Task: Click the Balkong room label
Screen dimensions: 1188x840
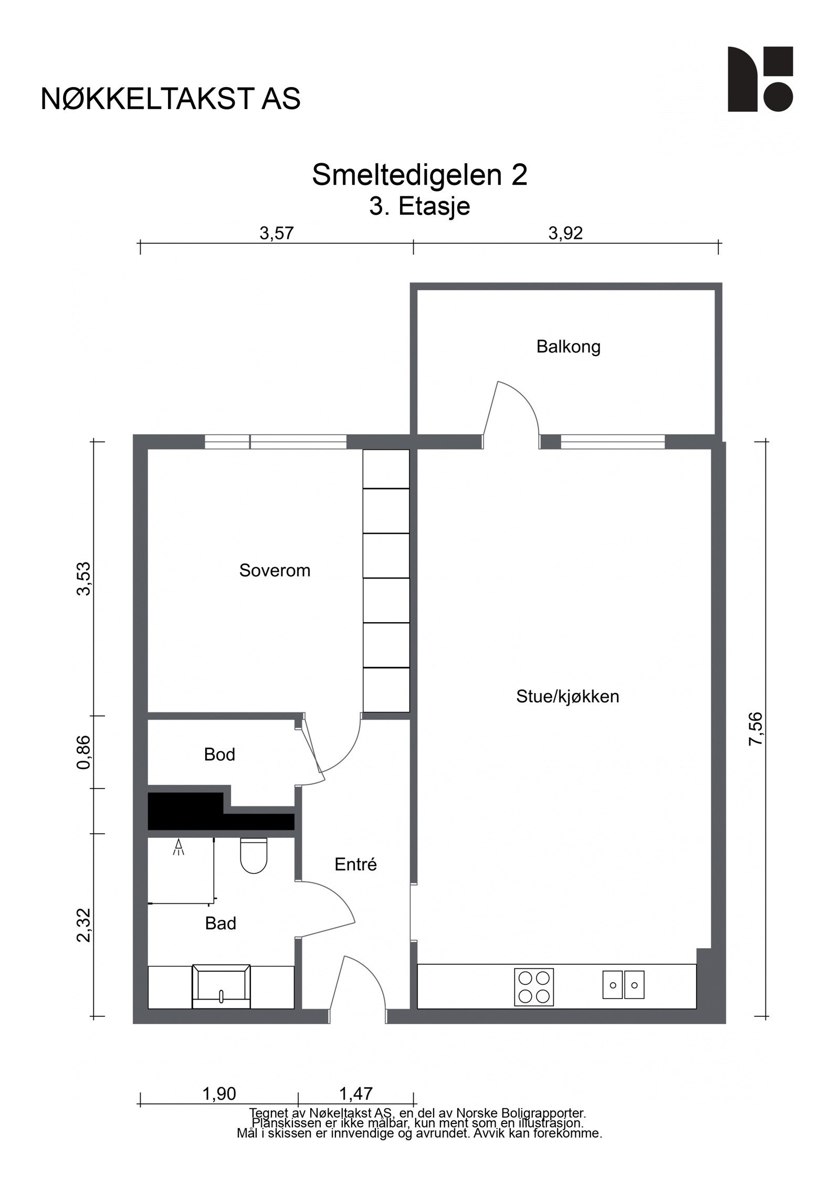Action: click(x=568, y=347)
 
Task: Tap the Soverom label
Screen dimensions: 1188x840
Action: click(x=275, y=570)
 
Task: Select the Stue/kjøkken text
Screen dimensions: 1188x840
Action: click(x=568, y=697)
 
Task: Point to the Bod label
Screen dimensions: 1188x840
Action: click(x=219, y=755)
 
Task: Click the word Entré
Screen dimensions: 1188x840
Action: click(x=355, y=865)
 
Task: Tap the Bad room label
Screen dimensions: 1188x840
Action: click(x=220, y=923)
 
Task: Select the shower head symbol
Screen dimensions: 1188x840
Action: click(x=179, y=847)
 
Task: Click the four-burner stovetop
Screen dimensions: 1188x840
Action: click(x=533, y=986)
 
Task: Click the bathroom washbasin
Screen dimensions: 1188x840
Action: click(x=221, y=986)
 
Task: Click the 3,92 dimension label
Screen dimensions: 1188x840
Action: click(x=565, y=234)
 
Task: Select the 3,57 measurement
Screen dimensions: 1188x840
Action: click(x=276, y=234)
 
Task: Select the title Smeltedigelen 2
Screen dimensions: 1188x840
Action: click(x=419, y=175)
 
